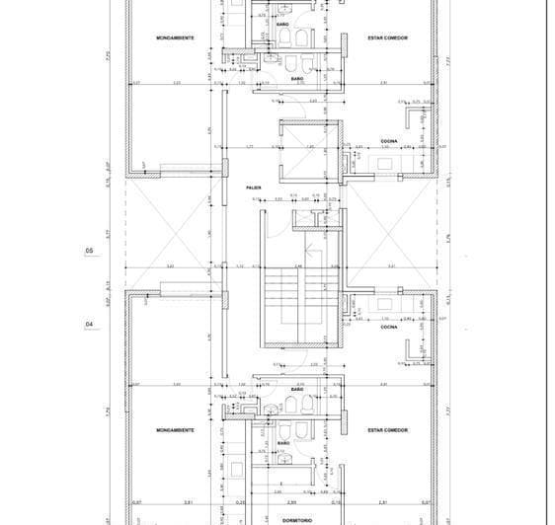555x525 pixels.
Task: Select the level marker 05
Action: [x=90, y=252]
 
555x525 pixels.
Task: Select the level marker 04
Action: [x=90, y=324]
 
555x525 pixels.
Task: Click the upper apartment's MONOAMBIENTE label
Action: [x=175, y=38]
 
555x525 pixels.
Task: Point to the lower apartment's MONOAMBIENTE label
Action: [x=175, y=430]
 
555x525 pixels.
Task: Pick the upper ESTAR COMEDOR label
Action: [x=388, y=38]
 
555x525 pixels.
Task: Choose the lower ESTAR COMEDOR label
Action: [x=388, y=430]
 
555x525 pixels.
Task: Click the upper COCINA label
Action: [x=388, y=142]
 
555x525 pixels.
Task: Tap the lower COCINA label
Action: [x=388, y=327]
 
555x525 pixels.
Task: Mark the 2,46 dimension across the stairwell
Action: [x=297, y=266]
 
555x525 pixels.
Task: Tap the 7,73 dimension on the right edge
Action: [x=447, y=60]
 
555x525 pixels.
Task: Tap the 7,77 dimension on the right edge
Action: [x=447, y=410]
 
